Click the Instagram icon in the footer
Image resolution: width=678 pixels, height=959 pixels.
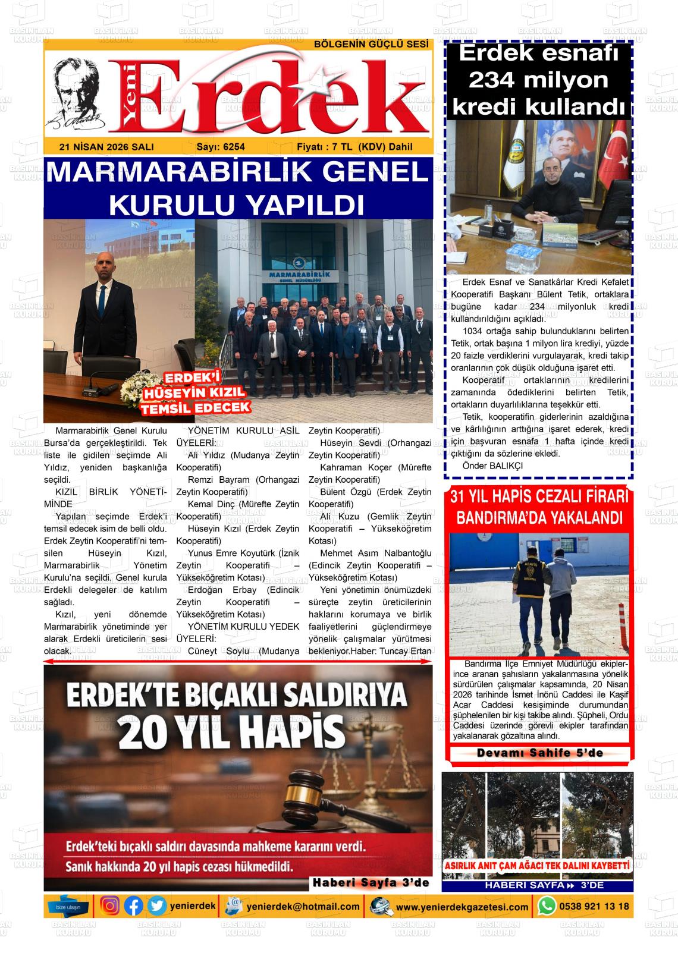[111, 906]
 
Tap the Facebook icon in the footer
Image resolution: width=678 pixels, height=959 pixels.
[134, 906]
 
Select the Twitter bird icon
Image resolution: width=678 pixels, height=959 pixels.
[157, 906]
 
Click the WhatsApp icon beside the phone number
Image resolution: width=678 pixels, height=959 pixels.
[546, 906]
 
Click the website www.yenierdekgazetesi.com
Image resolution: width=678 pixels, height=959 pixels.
[462, 907]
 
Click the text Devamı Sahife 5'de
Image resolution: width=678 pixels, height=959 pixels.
[539, 753]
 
